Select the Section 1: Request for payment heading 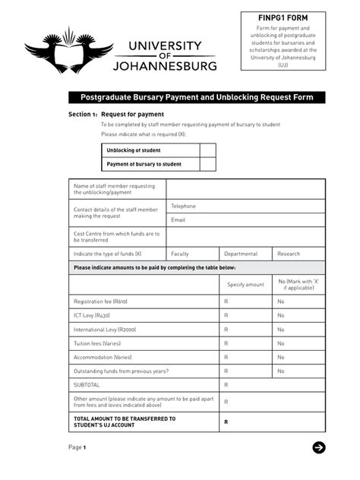point(116,115)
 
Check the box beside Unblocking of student point(207,150)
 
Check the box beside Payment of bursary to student point(207,164)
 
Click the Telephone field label point(183,206)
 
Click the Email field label point(178,219)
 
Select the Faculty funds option point(180,254)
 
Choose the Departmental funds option point(241,254)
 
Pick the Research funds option point(289,254)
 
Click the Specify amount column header point(246,284)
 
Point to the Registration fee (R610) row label point(100,302)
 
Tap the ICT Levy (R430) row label point(92,315)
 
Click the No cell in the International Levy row point(281,330)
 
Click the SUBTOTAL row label point(87,385)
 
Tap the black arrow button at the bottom point(319,447)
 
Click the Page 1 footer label point(77,447)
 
